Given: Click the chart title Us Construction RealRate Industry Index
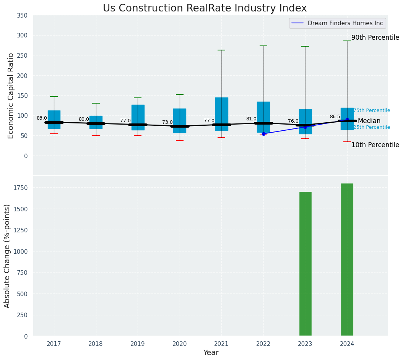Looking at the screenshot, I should coord(205,8).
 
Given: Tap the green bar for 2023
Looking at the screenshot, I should coord(305,264).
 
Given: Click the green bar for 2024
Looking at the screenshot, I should coord(347,259).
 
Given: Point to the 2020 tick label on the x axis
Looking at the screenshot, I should coord(180,344).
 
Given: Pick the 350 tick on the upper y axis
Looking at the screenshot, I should coord(22,15).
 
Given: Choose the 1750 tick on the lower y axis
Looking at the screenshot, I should coord(20,188).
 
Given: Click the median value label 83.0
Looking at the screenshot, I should coord(42,118).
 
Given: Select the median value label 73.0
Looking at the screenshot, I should coord(167,123).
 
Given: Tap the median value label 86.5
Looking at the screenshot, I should coord(335,117).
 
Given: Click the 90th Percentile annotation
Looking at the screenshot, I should coord(375,37).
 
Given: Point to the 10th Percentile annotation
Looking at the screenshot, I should coord(375,145).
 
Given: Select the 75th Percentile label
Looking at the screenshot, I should coord(372,110).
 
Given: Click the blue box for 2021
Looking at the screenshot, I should coord(221,114).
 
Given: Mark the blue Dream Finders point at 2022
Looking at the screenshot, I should coord(263,134).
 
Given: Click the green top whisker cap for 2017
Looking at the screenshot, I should coord(54,97).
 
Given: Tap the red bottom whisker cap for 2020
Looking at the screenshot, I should coord(180,141).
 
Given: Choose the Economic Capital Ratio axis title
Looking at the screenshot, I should coord(11,96).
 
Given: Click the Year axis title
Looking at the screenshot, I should coord(211,353).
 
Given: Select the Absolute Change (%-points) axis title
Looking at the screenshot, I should coord(7,256).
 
